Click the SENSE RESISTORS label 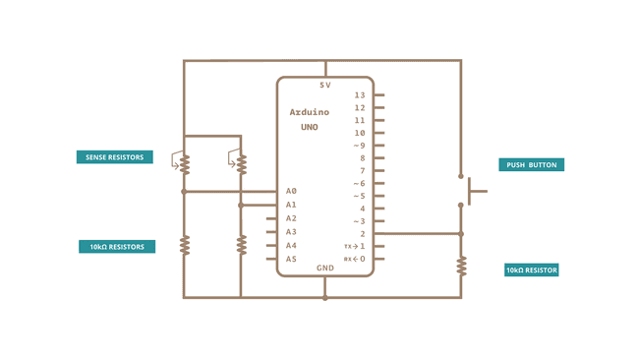[114, 156]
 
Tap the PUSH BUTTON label [532, 165]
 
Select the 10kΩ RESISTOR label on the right [532, 270]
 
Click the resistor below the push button [460, 266]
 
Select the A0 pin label [291, 191]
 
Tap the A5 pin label [291, 260]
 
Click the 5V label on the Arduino [325, 86]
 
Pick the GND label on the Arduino [325, 268]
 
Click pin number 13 [360, 95]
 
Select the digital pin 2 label [363, 234]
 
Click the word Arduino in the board [310, 112]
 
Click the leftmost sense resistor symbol [183, 163]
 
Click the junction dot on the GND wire [324, 297]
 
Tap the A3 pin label [291, 232]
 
